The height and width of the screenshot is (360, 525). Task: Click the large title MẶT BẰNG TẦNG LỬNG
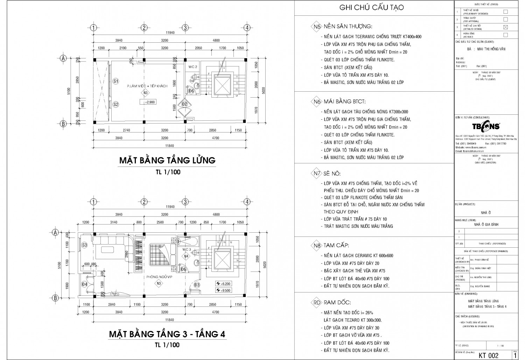coord(167,160)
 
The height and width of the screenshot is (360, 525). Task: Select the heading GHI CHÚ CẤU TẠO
coord(372,8)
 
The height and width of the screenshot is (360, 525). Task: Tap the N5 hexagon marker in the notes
coord(317,27)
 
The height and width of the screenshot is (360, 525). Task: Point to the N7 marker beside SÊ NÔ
coord(317,174)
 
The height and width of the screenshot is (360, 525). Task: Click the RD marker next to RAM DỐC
coord(317,302)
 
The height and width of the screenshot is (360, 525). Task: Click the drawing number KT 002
coord(488,355)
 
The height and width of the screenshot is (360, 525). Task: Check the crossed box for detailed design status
coord(505,27)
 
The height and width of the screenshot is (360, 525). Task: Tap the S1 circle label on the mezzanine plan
coord(116,81)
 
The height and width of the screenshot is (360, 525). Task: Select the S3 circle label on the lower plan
coord(84,245)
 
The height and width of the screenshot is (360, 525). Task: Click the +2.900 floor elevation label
coord(148,102)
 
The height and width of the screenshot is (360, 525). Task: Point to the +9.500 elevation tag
coord(223,290)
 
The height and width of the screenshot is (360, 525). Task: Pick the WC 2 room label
coord(193,66)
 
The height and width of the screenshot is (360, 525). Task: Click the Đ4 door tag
coord(84,284)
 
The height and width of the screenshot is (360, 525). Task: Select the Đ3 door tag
coord(197,285)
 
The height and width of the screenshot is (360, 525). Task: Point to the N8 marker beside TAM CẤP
coord(317,246)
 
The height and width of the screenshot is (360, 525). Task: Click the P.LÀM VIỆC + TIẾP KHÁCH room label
coord(147,86)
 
